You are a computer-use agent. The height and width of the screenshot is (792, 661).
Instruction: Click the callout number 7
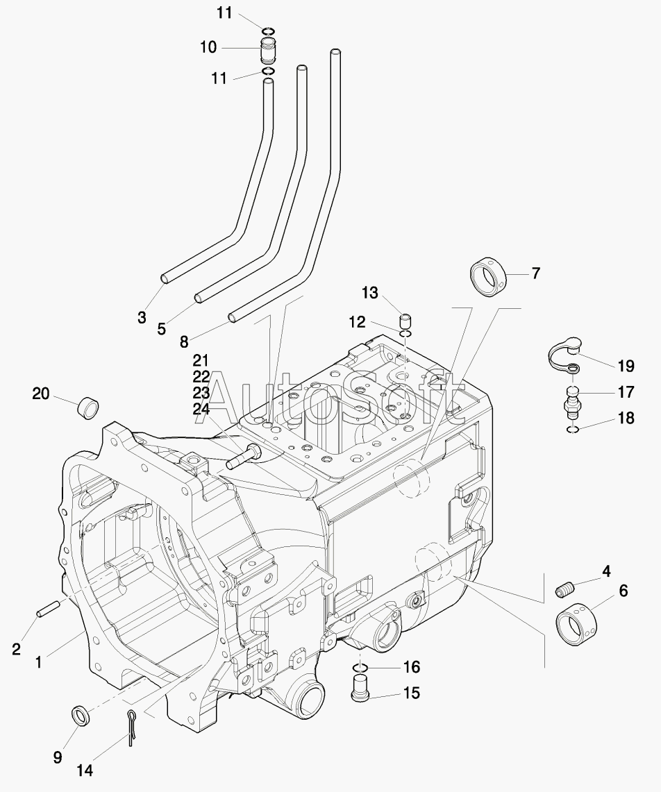(535, 273)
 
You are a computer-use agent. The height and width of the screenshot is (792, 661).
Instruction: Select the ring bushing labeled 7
(489, 276)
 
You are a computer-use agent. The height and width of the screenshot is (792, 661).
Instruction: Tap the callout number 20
(41, 394)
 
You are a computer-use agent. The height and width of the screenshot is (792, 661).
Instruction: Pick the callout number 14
(85, 770)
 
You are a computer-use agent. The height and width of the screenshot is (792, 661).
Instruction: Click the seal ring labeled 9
(81, 716)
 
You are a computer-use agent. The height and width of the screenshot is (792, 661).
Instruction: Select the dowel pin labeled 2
(49, 607)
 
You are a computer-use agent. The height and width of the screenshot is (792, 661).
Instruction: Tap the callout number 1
(38, 662)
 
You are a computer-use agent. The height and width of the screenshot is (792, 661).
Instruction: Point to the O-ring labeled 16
(359, 668)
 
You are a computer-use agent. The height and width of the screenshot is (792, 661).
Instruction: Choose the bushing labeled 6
(576, 623)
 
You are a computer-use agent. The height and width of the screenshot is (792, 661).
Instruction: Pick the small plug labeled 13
(405, 321)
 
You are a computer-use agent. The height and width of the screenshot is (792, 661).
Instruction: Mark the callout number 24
(201, 409)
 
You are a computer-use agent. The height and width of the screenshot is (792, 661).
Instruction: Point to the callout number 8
(184, 342)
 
